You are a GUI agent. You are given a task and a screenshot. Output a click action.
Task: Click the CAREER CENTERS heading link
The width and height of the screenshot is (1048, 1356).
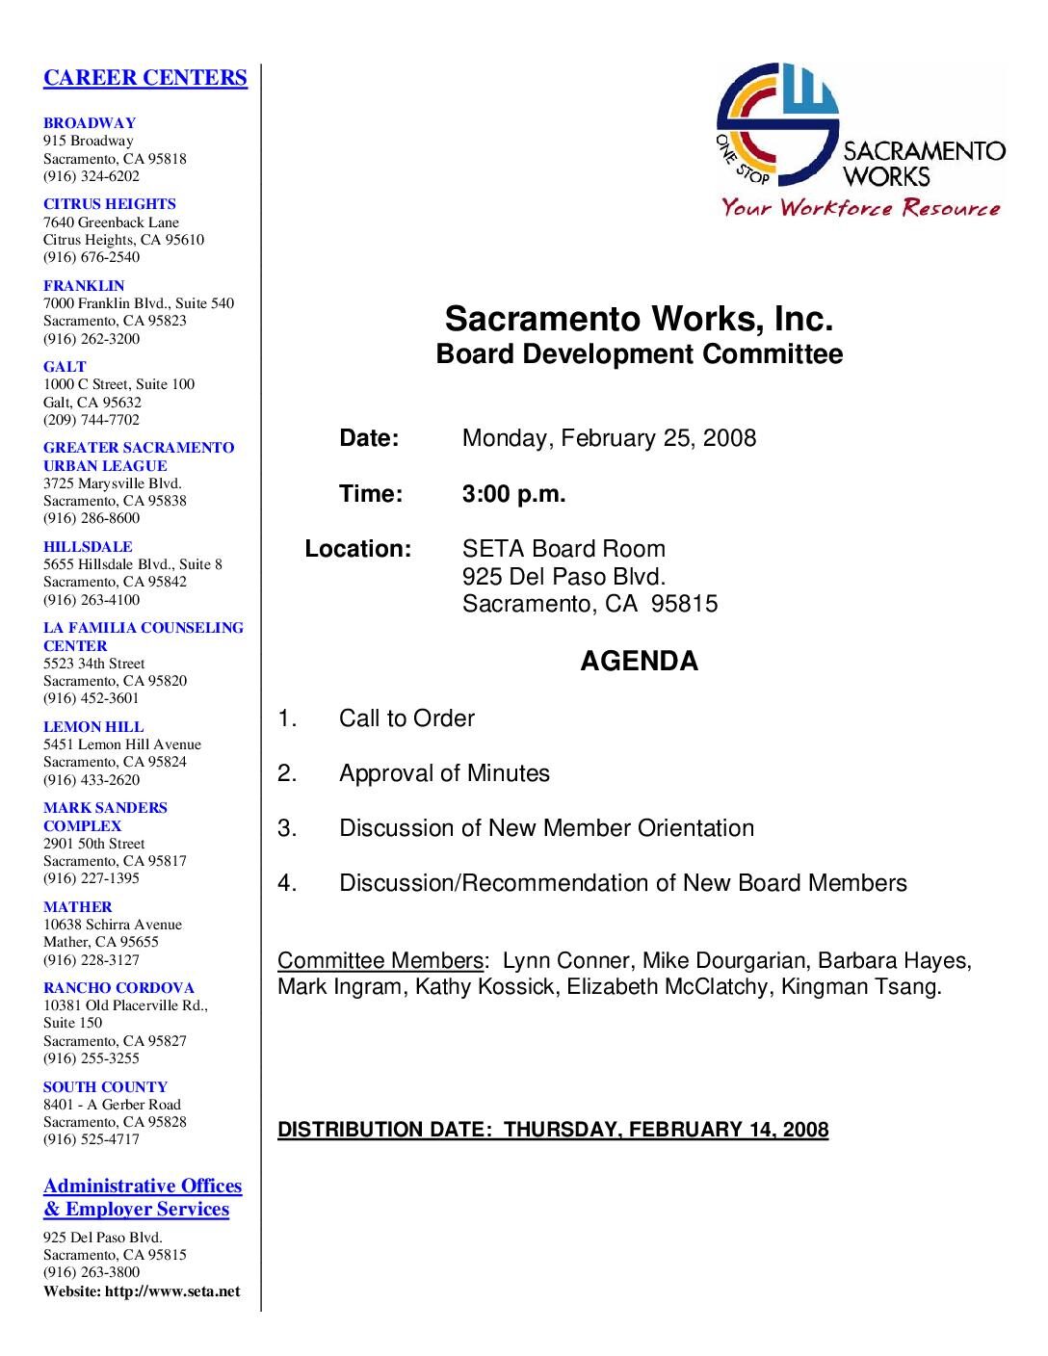[144, 78]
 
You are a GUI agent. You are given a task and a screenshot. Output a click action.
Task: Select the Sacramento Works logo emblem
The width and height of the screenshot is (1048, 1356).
[776, 125]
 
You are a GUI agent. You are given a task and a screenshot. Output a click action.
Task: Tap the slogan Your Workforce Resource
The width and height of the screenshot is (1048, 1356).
[861, 207]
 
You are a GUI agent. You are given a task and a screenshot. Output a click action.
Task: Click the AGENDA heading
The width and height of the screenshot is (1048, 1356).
[639, 661]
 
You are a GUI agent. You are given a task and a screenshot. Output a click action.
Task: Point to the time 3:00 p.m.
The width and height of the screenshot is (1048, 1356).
[513, 494]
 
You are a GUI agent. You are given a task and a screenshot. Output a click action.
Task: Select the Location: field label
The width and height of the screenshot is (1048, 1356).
[357, 549]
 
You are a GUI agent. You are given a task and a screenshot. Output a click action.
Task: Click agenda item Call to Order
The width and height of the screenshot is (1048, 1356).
[406, 718]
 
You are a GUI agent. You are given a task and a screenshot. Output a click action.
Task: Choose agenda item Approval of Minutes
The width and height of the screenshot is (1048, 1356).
[444, 773]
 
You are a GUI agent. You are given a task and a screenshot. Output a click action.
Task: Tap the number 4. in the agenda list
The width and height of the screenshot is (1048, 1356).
[287, 883]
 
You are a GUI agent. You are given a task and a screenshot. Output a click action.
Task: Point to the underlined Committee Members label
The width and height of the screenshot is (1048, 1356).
[380, 960]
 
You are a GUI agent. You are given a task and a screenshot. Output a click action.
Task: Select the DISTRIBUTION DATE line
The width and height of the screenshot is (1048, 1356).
[553, 1130]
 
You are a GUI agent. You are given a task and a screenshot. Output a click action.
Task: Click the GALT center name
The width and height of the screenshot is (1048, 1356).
[65, 367]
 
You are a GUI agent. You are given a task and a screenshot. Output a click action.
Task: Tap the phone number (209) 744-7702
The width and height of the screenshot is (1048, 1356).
[91, 420]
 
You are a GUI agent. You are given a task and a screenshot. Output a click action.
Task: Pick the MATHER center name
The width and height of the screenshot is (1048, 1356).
[77, 907]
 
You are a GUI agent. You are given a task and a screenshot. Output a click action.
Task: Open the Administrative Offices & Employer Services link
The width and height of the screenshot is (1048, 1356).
[142, 1197]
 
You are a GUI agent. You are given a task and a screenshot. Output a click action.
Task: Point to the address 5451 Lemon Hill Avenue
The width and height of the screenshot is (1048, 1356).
[121, 744]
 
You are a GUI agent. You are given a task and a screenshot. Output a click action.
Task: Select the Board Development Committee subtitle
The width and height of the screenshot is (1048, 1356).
[639, 354]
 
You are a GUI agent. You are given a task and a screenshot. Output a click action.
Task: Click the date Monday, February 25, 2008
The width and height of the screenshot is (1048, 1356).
[609, 438]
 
